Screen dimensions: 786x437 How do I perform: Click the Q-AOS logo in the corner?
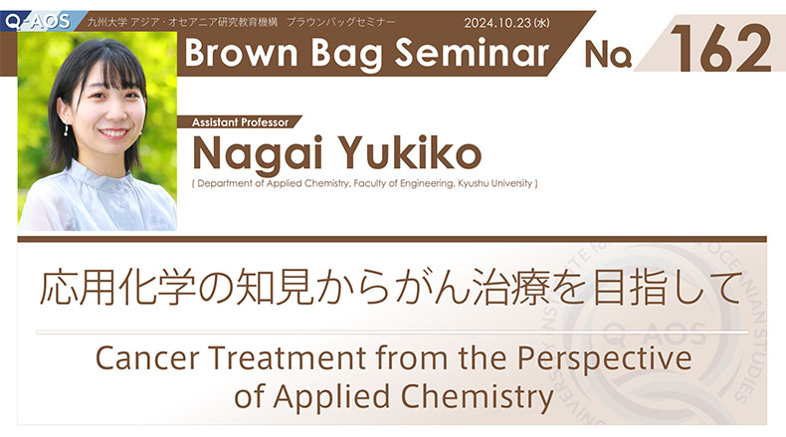38,21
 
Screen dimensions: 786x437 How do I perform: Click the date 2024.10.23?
497,23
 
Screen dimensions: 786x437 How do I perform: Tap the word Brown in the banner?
241,53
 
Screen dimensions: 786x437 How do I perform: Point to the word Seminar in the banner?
473,53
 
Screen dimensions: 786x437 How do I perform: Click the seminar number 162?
721,48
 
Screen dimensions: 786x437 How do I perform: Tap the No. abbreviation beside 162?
608,54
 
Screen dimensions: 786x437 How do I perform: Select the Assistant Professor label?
240,122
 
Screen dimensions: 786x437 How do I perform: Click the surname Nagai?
257,153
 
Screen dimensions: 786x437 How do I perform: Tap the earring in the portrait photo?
66,130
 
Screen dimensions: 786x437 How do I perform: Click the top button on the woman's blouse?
119,186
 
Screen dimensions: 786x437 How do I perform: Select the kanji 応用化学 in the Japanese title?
117,288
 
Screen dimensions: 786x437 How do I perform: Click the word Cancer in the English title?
147,357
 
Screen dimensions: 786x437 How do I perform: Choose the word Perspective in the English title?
605,359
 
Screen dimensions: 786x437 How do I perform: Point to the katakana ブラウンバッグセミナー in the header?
341,22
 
